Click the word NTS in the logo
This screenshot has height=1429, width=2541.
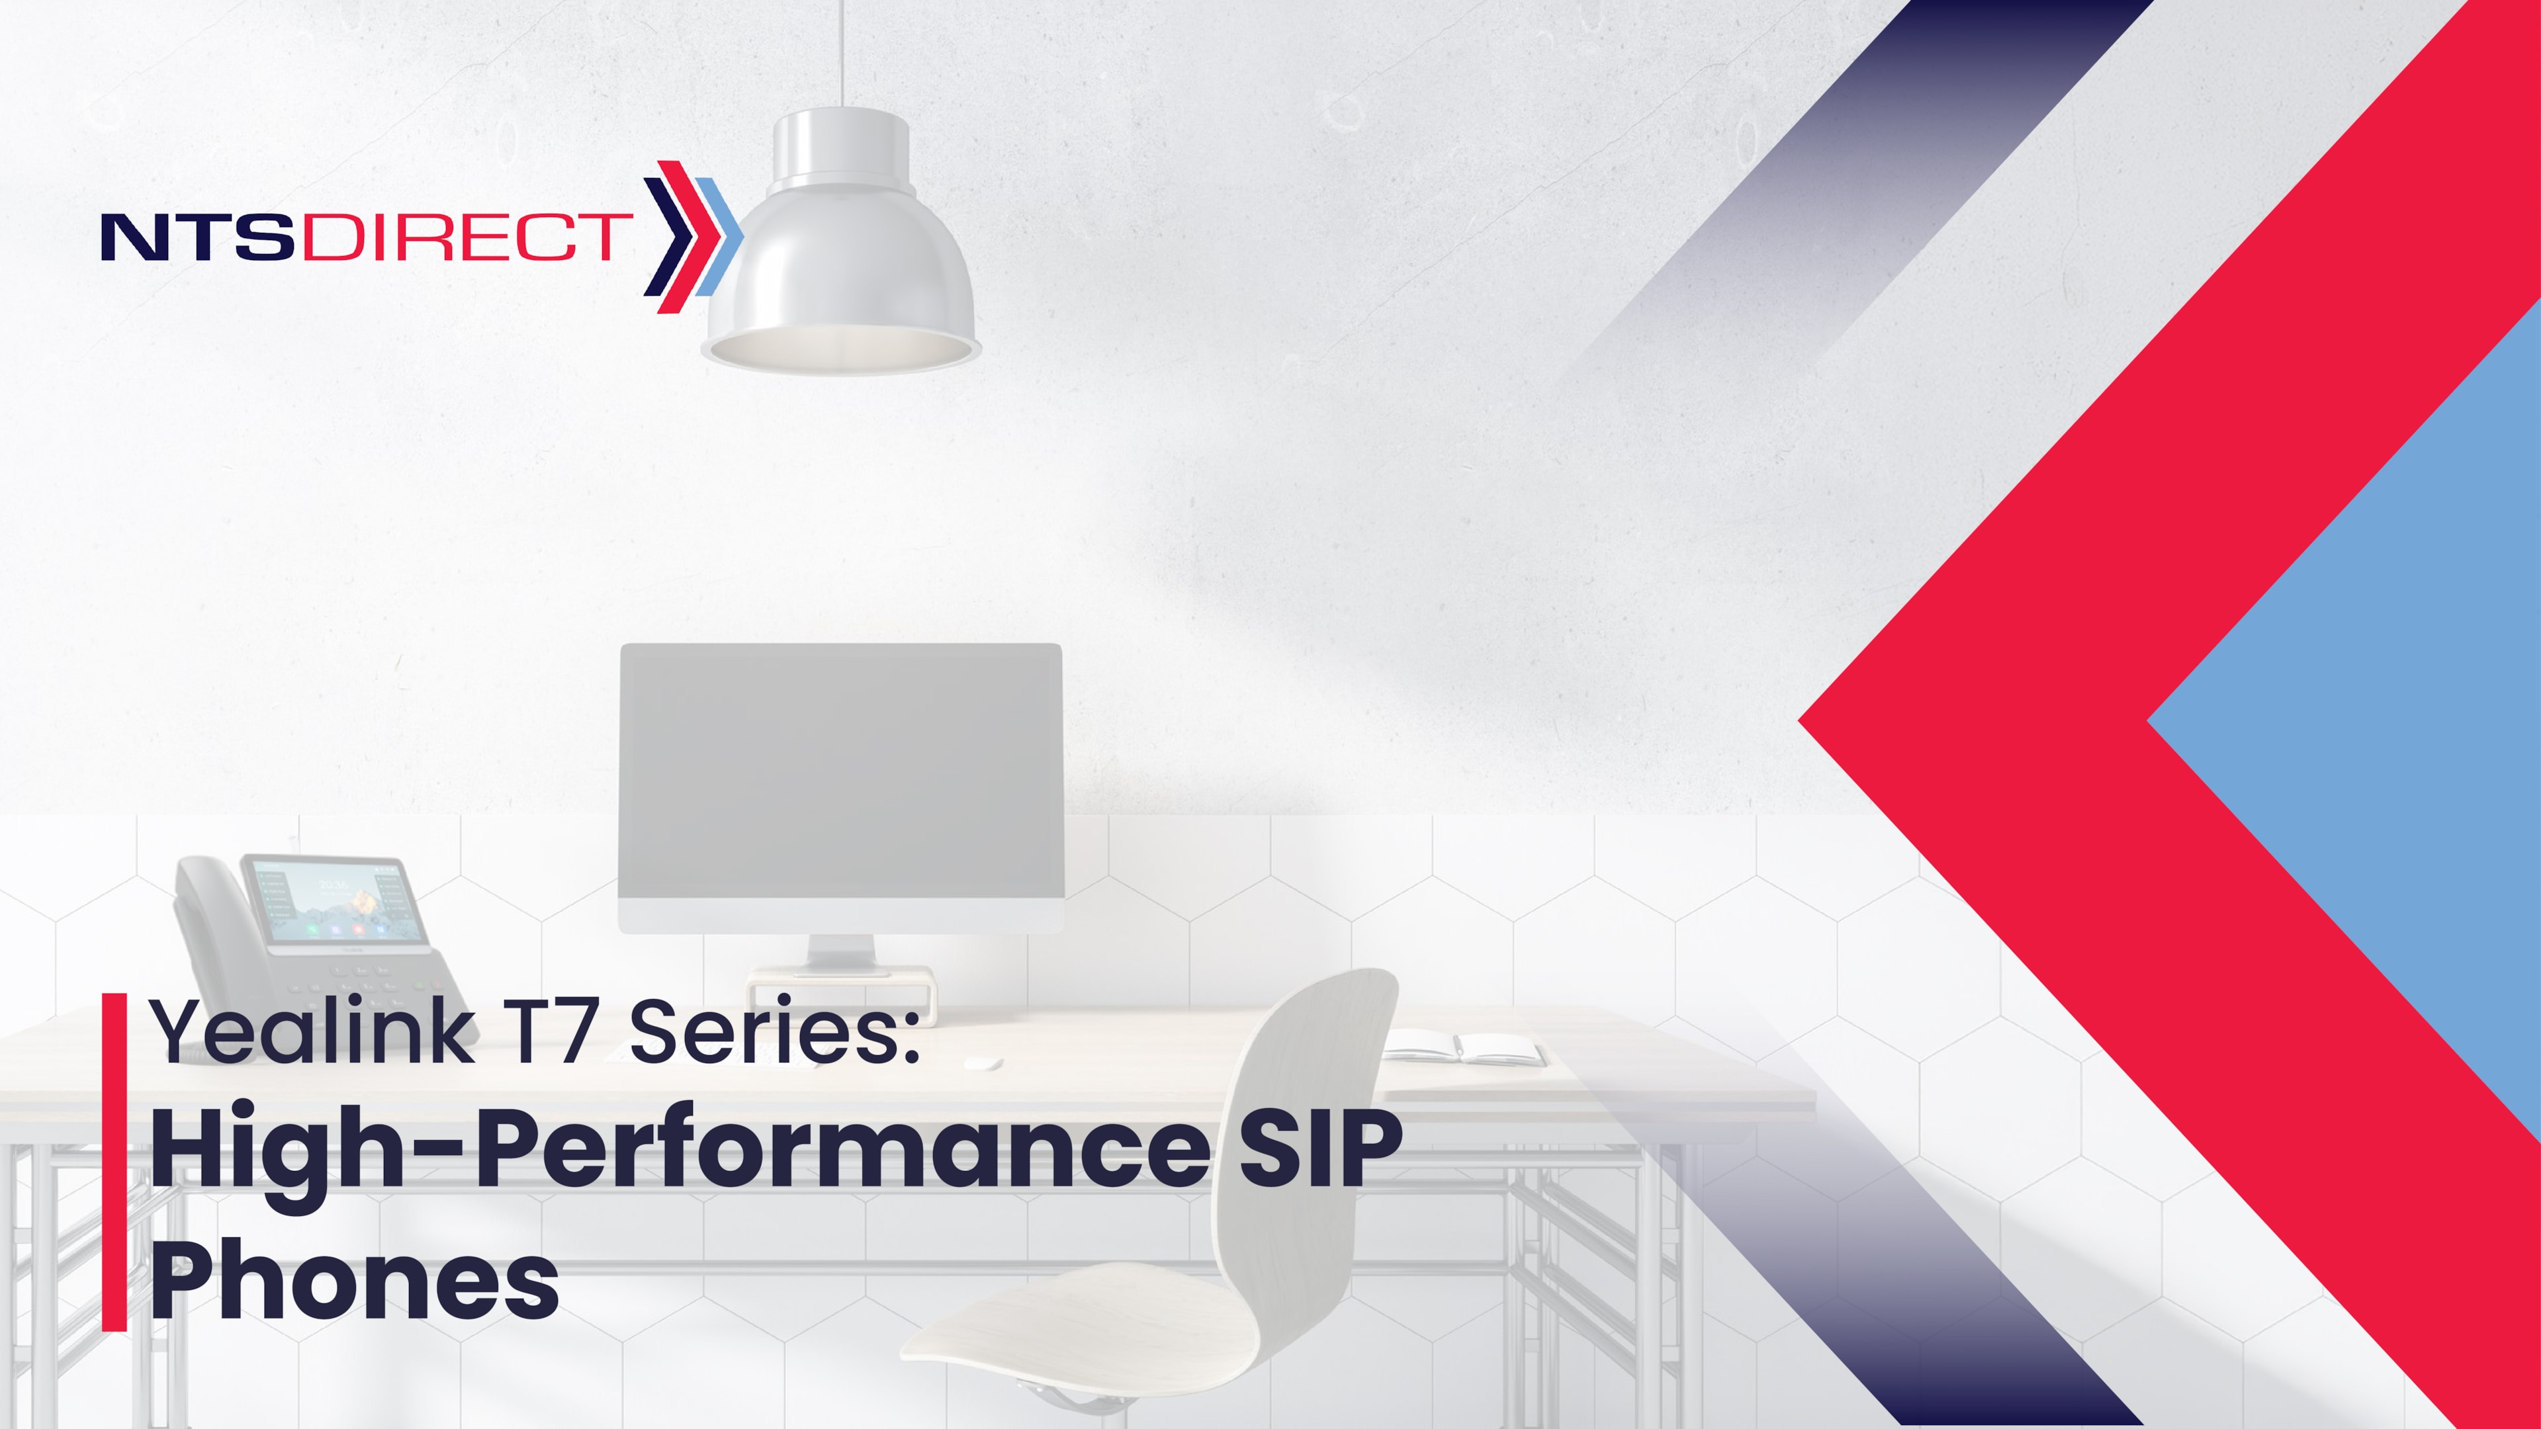coord(197,237)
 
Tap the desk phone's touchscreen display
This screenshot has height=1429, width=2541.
coord(336,903)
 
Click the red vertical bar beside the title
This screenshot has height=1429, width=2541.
coord(114,1162)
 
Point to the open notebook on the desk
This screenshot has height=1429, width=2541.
coord(1463,1047)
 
